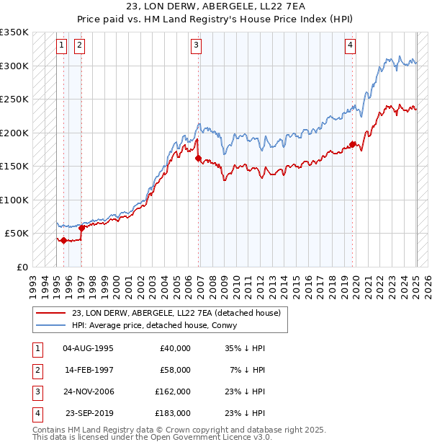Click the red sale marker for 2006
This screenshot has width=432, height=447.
(198, 159)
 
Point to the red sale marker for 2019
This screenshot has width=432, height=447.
(352, 144)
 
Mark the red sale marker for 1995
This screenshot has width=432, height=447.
(63, 240)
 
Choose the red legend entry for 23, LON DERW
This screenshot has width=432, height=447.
(180, 313)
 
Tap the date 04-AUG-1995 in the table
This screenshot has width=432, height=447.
(89, 348)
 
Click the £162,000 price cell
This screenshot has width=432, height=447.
(173, 391)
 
